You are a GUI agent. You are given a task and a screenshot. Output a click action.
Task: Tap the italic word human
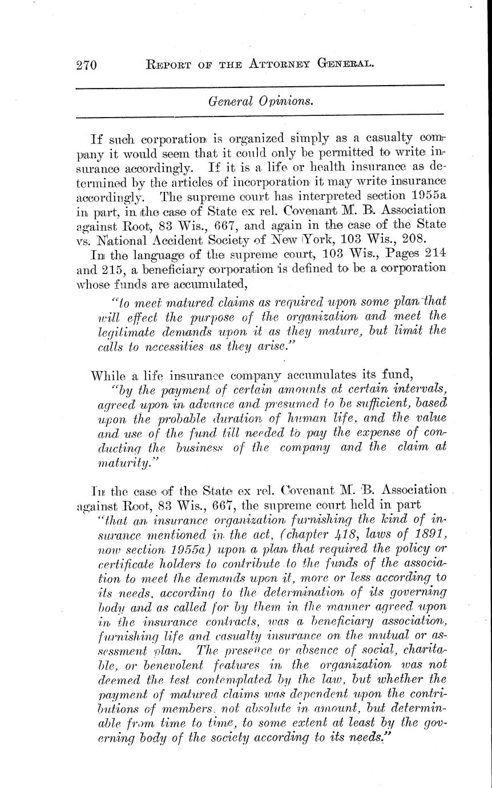coord(291,419)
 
